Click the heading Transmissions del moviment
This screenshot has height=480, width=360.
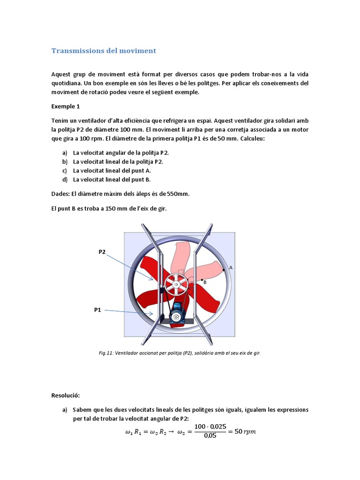[103, 51]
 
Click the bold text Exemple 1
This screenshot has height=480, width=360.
[66, 106]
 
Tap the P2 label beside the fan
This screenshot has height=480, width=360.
[102, 252]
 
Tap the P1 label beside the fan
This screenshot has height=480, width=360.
[97, 310]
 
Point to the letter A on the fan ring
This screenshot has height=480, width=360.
[231, 267]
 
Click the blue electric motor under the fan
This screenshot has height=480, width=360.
[177, 312]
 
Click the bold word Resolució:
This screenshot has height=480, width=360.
[66, 396]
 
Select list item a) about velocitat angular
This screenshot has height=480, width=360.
[121, 153]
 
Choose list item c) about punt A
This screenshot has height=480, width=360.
[112, 171]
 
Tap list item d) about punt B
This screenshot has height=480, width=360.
[112, 180]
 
